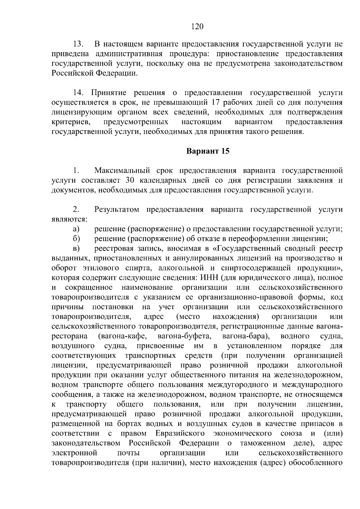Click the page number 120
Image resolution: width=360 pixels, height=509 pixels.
tap(197, 27)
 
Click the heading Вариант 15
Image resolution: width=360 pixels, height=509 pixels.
tap(208, 151)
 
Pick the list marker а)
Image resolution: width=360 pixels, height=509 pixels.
tap(76, 229)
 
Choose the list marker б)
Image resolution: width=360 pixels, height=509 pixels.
tap(76, 239)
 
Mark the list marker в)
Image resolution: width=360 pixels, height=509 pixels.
tap(76, 249)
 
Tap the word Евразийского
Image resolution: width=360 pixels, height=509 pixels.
tap(180, 434)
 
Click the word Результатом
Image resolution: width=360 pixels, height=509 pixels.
tap(117, 209)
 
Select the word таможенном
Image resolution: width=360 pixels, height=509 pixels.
tap(262, 443)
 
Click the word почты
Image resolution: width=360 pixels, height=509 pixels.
tap(128, 453)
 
